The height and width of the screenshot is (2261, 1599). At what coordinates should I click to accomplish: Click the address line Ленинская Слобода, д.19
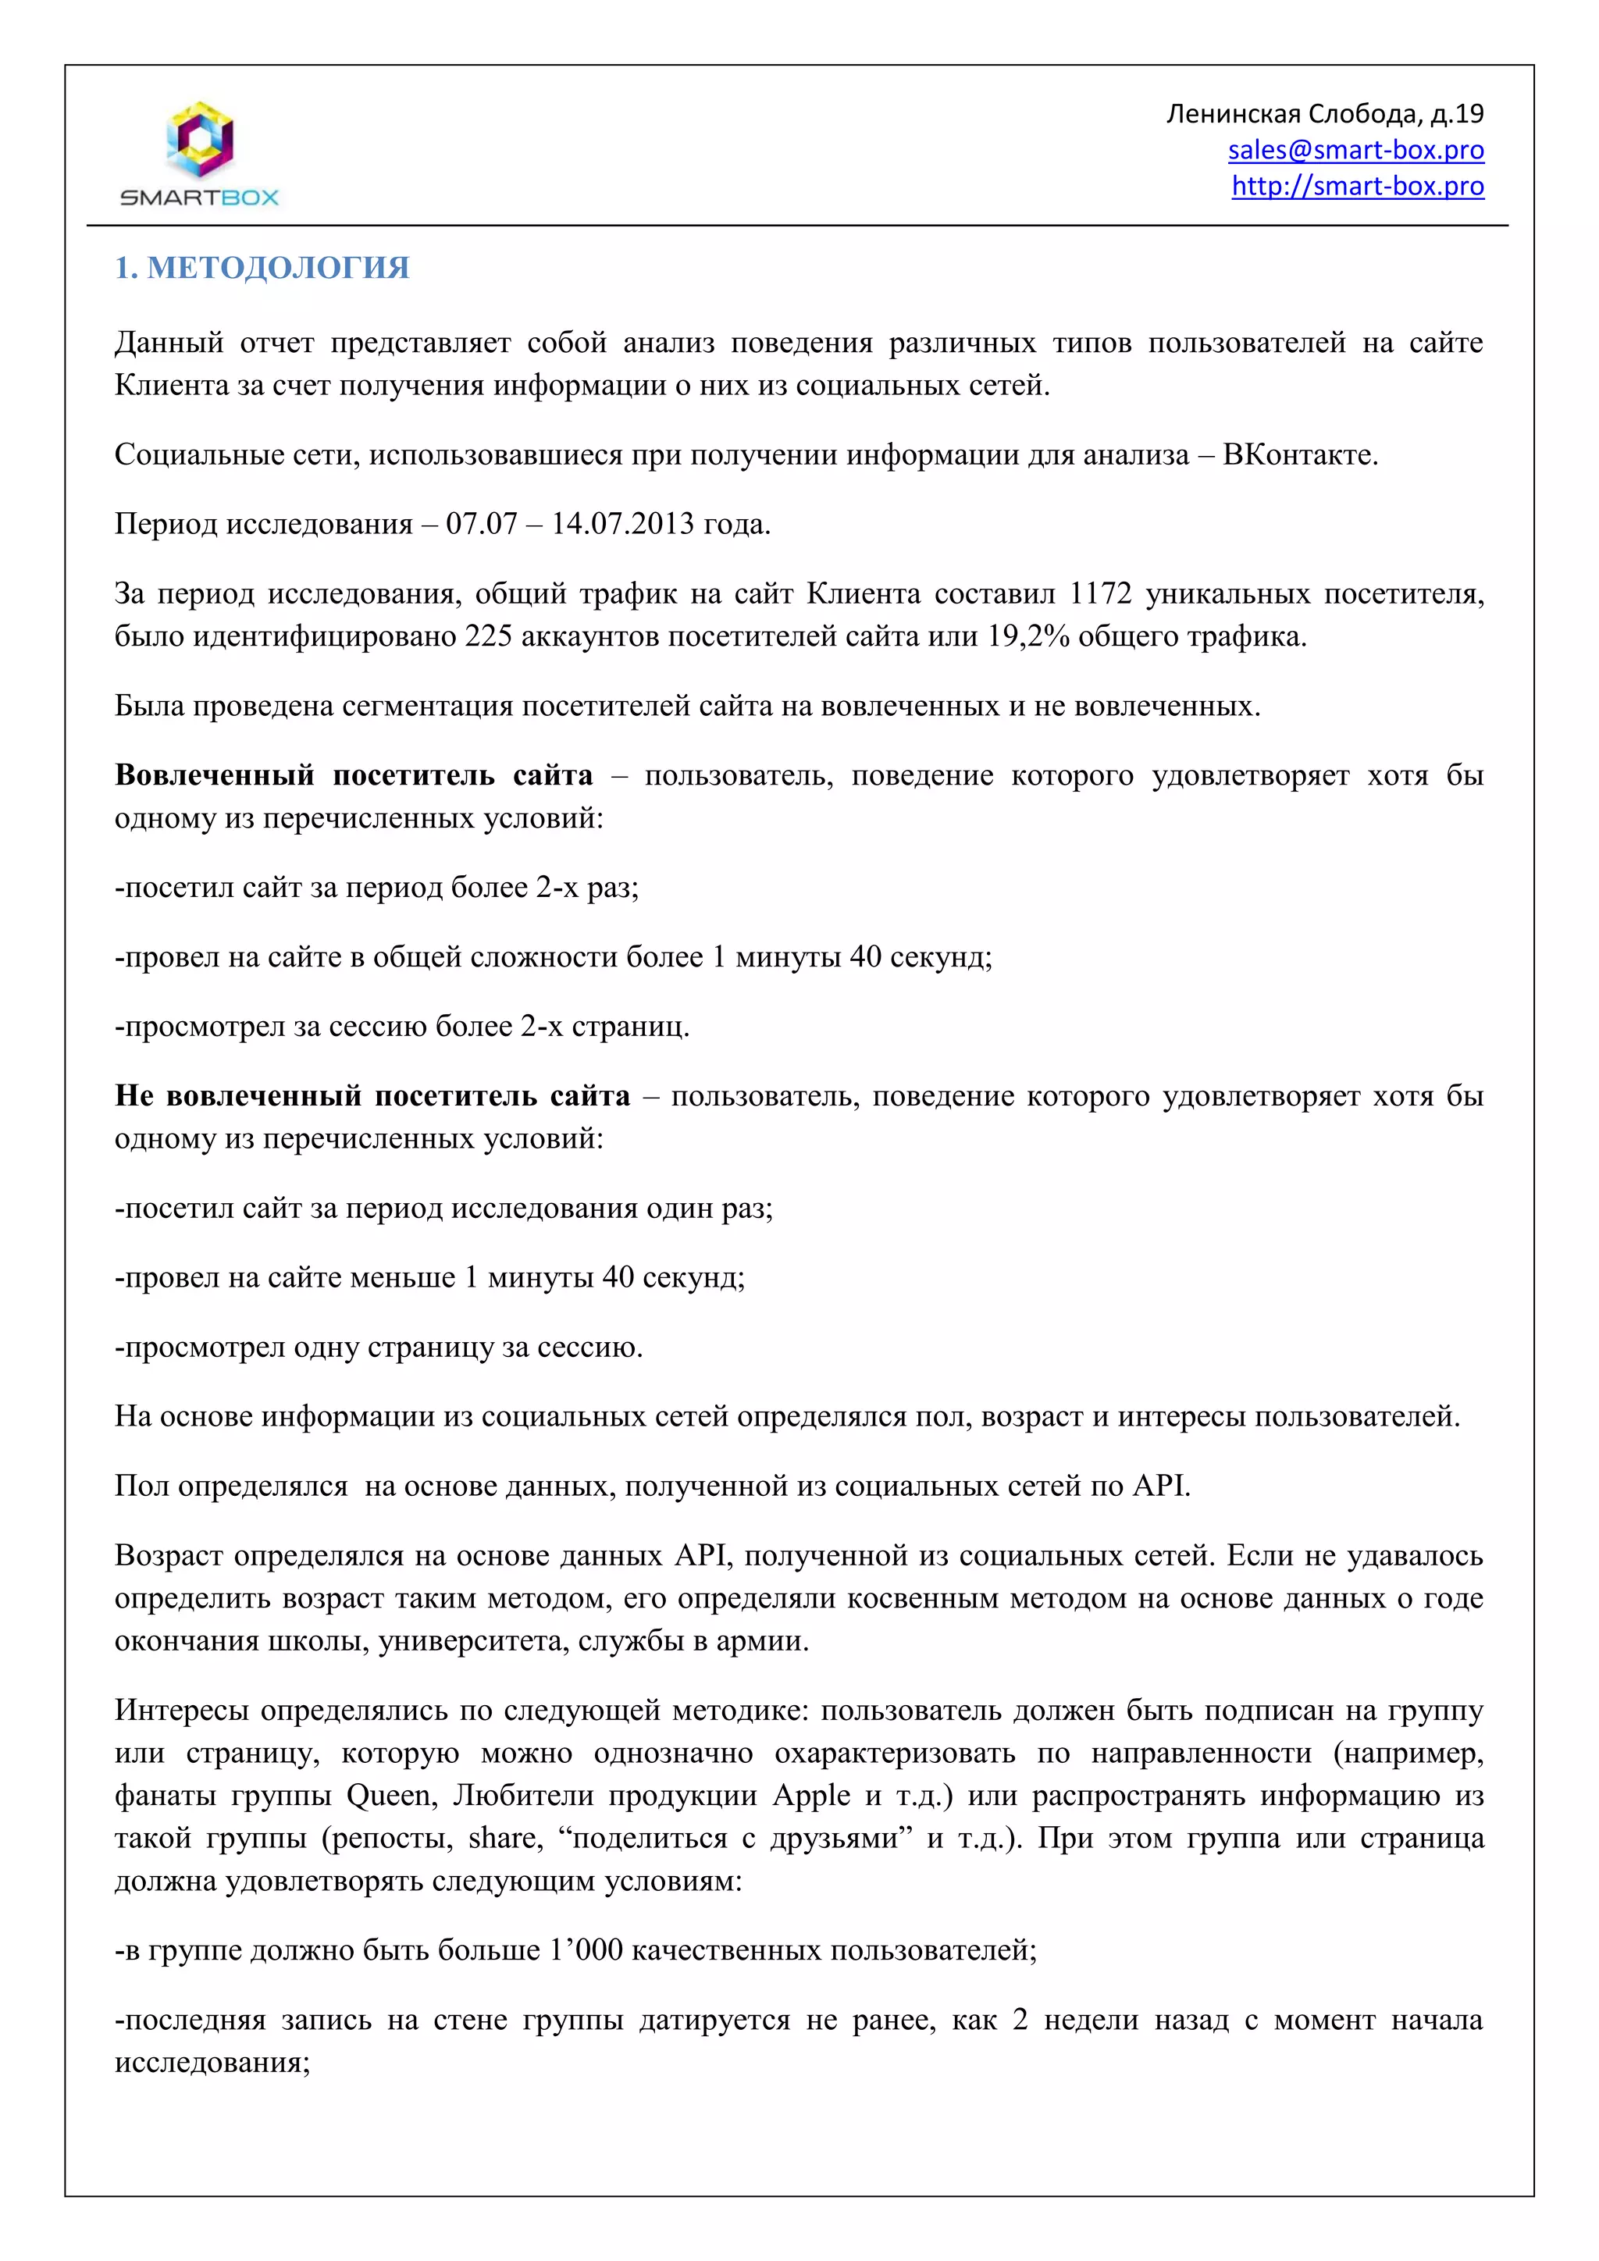(1324, 114)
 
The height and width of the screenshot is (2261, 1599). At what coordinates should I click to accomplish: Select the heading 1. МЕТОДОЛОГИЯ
(262, 268)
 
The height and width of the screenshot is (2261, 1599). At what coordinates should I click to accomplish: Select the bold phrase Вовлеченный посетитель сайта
(354, 775)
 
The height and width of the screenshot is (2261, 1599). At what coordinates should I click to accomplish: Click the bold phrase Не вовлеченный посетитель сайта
(372, 1095)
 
